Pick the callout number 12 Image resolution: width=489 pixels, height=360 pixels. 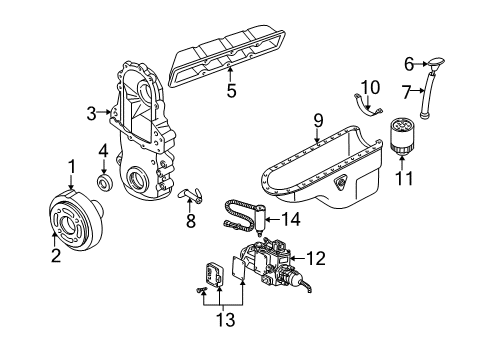click(x=315, y=259)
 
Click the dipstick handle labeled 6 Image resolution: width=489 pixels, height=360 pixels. click(x=439, y=68)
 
